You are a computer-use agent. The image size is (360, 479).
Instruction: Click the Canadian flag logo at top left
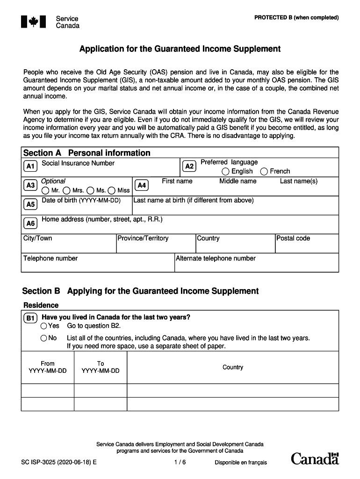point(34,22)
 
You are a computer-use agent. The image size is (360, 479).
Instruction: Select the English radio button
point(225,172)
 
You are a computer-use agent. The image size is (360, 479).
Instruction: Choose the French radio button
point(264,172)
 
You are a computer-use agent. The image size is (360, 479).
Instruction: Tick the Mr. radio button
point(45,190)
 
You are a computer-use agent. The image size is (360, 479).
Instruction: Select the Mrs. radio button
point(67,190)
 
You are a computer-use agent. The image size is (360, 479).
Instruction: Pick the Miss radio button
point(112,190)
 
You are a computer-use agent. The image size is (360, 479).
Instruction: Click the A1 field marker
point(30,166)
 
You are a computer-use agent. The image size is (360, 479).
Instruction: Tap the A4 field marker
point(142,185)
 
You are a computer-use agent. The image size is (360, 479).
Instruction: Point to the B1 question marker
point(30,319)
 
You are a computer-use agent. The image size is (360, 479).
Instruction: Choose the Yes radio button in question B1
point(44,326)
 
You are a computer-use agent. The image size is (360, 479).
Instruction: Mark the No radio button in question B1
point(44,338)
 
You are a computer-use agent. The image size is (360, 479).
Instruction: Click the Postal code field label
point(293,239)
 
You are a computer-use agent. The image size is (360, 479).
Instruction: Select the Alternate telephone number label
point(216,258)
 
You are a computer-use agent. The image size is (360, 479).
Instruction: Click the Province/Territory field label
point(143,239)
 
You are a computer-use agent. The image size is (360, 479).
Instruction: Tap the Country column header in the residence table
point(233,368)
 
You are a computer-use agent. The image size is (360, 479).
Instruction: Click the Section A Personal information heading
point(86,153)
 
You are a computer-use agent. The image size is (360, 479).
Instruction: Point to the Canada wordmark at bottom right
point(315,459)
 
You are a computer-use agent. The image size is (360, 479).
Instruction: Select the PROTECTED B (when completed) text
point(296,18)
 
